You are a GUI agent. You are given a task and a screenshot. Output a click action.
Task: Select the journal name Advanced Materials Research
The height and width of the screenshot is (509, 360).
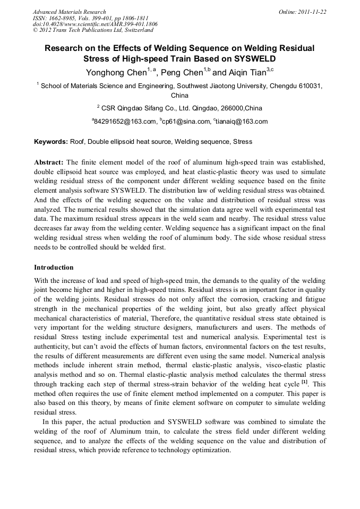[69, 12]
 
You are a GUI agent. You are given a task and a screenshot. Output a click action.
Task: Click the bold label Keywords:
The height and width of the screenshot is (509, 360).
[51, 142]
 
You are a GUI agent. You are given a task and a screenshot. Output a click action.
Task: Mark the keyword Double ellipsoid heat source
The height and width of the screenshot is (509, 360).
[130, 142]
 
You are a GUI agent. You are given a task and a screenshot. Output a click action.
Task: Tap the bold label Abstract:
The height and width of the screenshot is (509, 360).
[49, 162]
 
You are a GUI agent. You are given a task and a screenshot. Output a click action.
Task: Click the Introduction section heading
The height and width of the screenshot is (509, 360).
[54, 267]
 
